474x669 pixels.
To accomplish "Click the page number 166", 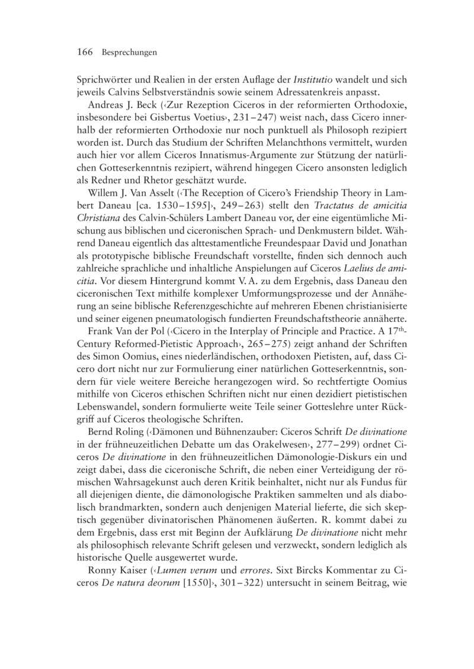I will pyautogui.click(x=85, y=52).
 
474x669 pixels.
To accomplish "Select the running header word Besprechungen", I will pyautogui.click(x=129, y=53).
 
